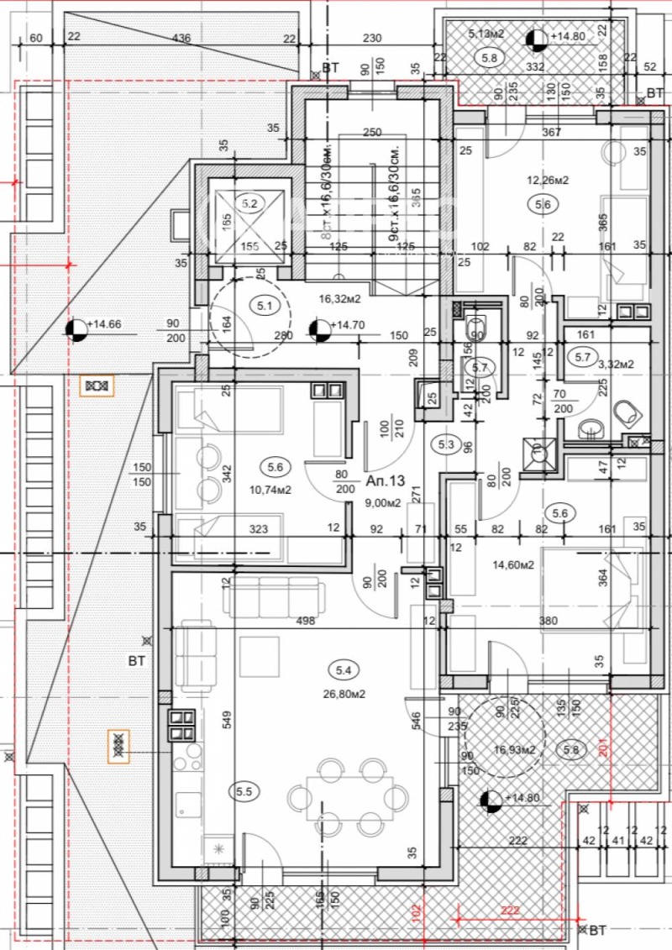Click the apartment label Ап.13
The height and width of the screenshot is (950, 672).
click(386, 480)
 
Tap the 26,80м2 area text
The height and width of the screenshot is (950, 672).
click(344, 693)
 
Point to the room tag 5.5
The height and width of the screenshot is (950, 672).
click(244, 790)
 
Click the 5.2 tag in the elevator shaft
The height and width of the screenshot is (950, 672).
click(249, 202)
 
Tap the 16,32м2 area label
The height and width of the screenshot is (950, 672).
click(339, 297)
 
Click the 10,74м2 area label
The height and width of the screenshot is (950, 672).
click(270, 491)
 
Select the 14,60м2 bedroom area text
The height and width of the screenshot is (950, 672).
click(514, 564)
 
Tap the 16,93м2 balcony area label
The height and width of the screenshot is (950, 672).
click(515, 749)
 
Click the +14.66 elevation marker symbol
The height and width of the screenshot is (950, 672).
click(76, 329)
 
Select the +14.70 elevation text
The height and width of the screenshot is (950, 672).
click(348, 326)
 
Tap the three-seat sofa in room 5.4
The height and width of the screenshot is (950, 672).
click(272, 594)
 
